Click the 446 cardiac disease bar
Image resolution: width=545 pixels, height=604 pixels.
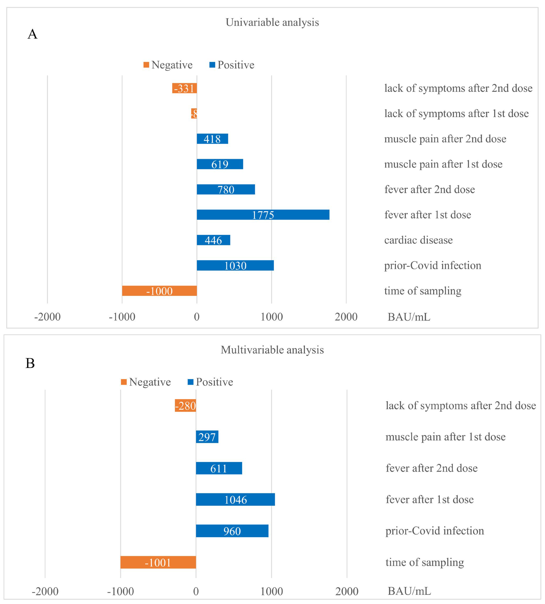pos(213,240)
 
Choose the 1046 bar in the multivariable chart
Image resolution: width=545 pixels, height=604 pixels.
pos(235,500)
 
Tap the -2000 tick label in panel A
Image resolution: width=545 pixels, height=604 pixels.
pos(47,317)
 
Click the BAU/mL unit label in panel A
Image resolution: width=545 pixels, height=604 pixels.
pos(409,317)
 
